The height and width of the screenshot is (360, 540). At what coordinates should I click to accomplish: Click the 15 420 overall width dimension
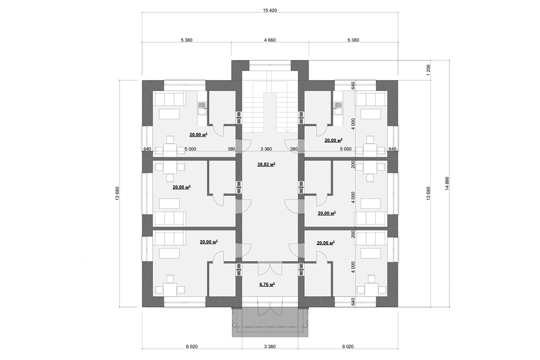(269, 10)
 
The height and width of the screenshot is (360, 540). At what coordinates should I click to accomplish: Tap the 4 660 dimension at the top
(269, 40)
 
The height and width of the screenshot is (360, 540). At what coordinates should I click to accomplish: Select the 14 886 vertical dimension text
(447, 183)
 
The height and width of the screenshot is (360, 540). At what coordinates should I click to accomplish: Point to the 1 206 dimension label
(428, 70)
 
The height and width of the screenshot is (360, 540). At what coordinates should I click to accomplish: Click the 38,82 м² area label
(266, 165)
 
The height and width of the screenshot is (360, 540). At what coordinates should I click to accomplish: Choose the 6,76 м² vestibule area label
(267, 285)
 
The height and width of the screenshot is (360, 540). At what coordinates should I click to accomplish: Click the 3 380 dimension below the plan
(269, 346)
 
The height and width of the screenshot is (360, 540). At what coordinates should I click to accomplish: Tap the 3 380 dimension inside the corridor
(266, 149)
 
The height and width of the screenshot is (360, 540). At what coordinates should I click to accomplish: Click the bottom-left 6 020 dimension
(192, 346)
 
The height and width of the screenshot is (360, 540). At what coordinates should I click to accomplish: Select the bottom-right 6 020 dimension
(348, 346)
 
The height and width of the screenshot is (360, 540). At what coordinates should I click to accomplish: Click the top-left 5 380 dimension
(187, 40)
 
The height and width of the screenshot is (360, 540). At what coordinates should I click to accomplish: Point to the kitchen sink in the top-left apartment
(201, 108)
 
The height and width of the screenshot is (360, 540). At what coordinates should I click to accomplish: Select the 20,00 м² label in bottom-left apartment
(209, 242)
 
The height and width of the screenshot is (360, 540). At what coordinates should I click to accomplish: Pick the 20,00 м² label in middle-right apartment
(327, 213)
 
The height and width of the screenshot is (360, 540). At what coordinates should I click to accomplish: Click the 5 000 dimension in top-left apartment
(190, 149)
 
